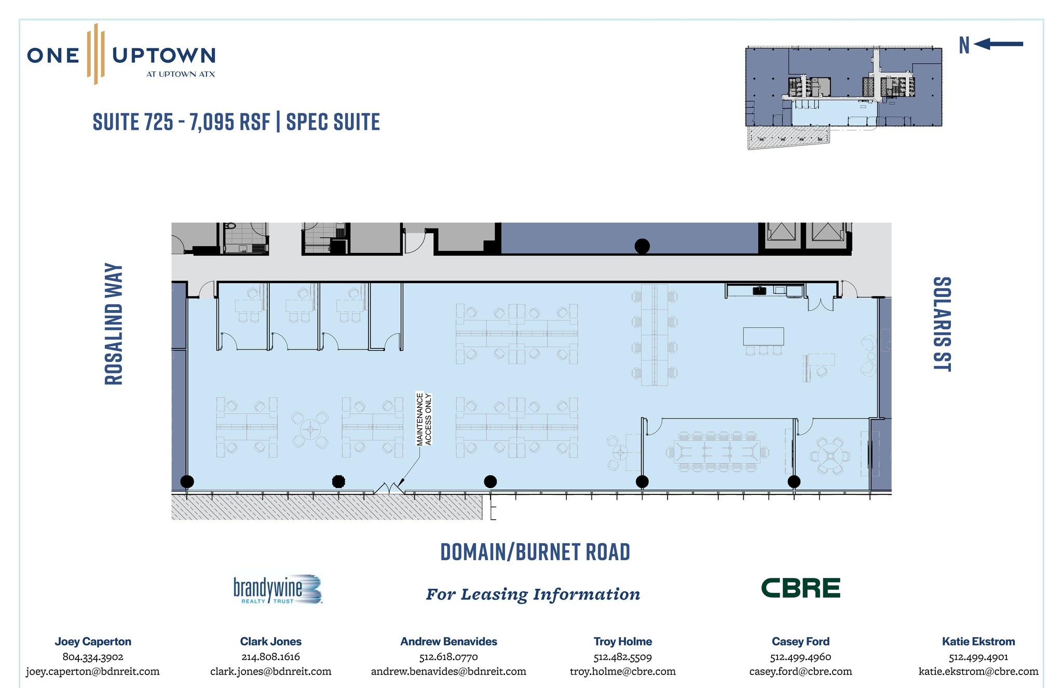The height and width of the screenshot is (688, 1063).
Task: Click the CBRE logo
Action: [x=800, y=588]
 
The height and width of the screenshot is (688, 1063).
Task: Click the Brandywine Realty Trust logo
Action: [x=278, y=589]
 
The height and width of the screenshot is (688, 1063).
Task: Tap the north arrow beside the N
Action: [x=998, y=44]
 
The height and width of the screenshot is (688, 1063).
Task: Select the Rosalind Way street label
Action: [x=114, y=325]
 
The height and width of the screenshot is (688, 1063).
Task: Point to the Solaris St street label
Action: [x=942, y=324]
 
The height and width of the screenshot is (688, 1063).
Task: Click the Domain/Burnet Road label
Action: [x=535, y=552]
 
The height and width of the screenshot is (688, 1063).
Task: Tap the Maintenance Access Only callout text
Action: [x=424, y=419]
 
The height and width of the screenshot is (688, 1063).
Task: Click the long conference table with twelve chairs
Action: [x=717, y=452]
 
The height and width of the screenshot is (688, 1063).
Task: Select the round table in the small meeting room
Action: [x=830, y=456]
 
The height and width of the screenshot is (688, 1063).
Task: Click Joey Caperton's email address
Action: [x=93, y=671]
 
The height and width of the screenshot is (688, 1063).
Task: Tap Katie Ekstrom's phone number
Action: [x=978, y=657]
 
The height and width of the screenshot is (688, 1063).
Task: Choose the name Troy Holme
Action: [x=623, y=642]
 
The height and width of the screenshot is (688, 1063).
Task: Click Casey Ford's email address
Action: [x=800, y=671]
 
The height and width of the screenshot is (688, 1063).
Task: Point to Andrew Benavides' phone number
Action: [x=448, y=657]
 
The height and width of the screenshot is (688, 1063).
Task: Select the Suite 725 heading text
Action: [x=236, y=122]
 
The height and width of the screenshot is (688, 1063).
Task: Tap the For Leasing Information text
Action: [x=533, y=594]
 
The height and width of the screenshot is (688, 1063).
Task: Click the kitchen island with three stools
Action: [x=764, y=341]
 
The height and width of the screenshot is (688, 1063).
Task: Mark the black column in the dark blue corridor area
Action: [x=642, y=246]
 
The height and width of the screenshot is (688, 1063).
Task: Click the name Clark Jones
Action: [x=271, y=642]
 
